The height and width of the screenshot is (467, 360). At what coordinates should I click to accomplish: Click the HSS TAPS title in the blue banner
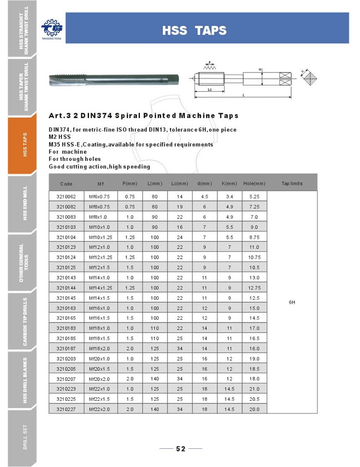(x=194, y=31)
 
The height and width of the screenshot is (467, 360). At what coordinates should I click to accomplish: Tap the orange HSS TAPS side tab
(x=25, y=145)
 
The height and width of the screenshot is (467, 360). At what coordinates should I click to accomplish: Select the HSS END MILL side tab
(x=25, y=203)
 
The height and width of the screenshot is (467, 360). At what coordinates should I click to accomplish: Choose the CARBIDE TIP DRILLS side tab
(x=25, y=322)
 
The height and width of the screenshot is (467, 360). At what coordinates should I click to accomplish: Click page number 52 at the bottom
(x=180, y=449)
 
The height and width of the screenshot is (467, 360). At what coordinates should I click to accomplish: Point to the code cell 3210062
(x=66, y=196)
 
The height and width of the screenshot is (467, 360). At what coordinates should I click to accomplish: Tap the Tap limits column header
(x=292, y=183)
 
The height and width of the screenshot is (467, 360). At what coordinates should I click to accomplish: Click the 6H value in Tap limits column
(x=292, y=302)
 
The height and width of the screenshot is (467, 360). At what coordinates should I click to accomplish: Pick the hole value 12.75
(x=254, y=288)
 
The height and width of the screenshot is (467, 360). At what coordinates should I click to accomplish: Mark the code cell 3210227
(x=66, y=409)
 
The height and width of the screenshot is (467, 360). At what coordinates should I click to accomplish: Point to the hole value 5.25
(x=254, y=196)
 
